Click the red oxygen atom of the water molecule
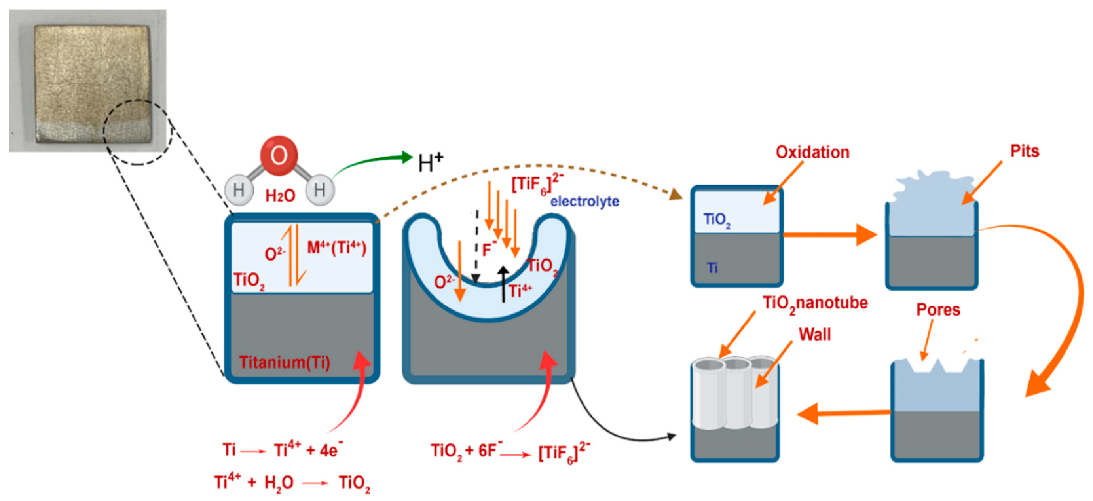278,156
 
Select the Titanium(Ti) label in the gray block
284,362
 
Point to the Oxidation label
812,152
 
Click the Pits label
1024,151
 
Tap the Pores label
938,310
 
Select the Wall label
814,335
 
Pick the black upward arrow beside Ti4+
503,284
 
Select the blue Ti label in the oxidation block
713,268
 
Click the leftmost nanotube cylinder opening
708,365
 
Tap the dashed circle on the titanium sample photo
138,132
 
